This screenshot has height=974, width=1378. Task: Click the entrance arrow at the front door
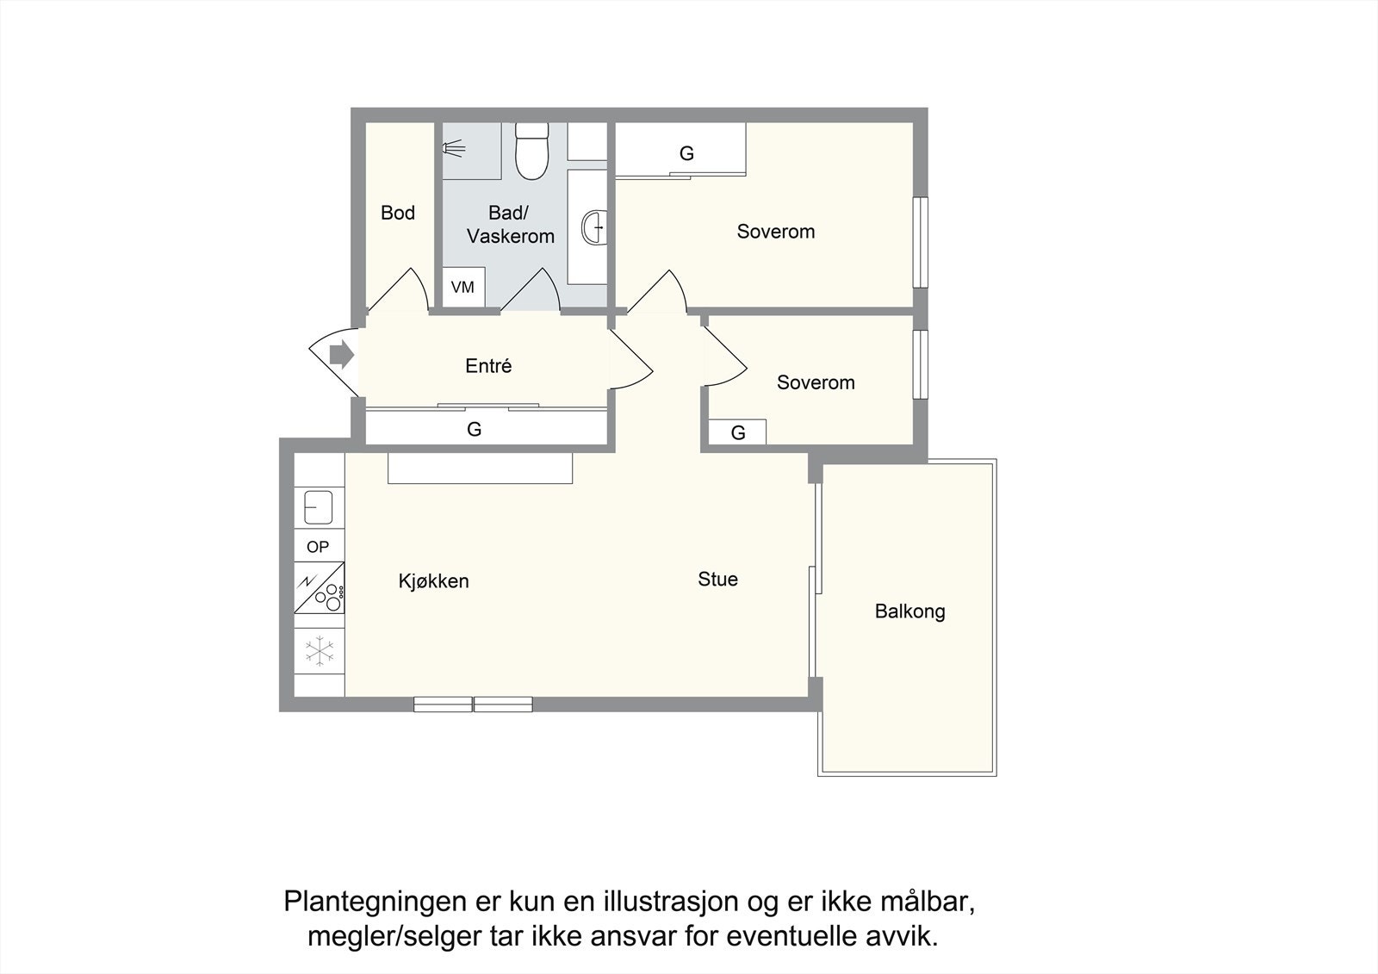342,354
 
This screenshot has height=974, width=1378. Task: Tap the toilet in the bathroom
531,152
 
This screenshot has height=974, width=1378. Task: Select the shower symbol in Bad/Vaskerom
454,149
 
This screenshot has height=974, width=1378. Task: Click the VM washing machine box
462,287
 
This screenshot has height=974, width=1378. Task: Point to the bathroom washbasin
593,227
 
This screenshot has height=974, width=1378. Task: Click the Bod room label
398,213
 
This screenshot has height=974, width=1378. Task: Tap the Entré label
488,366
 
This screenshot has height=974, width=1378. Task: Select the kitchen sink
319,506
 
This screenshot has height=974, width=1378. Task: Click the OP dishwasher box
318,547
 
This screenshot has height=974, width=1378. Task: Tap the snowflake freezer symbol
320,651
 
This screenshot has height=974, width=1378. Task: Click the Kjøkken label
433,581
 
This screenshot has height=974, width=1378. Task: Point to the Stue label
717,580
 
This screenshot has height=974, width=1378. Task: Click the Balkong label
909,611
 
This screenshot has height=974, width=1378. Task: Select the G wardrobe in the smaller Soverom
737,432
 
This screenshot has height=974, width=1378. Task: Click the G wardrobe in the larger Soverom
686,153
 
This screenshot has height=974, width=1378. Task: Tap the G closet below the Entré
475,429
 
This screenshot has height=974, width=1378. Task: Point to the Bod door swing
400,291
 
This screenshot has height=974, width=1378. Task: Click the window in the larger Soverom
921,243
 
